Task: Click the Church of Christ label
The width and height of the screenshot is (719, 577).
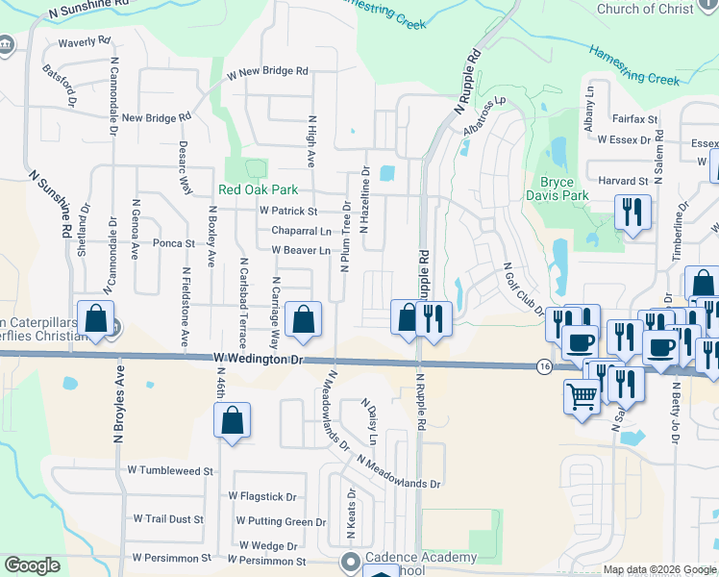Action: coord(657,9)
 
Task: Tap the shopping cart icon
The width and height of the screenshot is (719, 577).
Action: coord(582,394)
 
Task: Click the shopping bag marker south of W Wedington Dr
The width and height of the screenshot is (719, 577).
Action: coord(232,420)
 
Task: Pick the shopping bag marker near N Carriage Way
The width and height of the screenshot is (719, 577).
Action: coord(304,321)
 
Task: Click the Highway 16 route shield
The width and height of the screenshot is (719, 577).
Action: coord(544,366)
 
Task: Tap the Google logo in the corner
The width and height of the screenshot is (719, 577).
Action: coord(32,565)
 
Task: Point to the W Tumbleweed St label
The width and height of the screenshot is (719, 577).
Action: coord(169,471)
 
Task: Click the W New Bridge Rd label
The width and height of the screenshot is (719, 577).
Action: coord(267,72)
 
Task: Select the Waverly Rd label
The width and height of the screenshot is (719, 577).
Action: coord(85,42)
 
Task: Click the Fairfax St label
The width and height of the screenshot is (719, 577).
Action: coord(634,120)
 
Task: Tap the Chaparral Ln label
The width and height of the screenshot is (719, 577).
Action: coord(301,231)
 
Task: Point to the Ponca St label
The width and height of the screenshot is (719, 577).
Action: coord(174,243)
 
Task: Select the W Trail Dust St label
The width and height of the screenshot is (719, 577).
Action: coord(168,519)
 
